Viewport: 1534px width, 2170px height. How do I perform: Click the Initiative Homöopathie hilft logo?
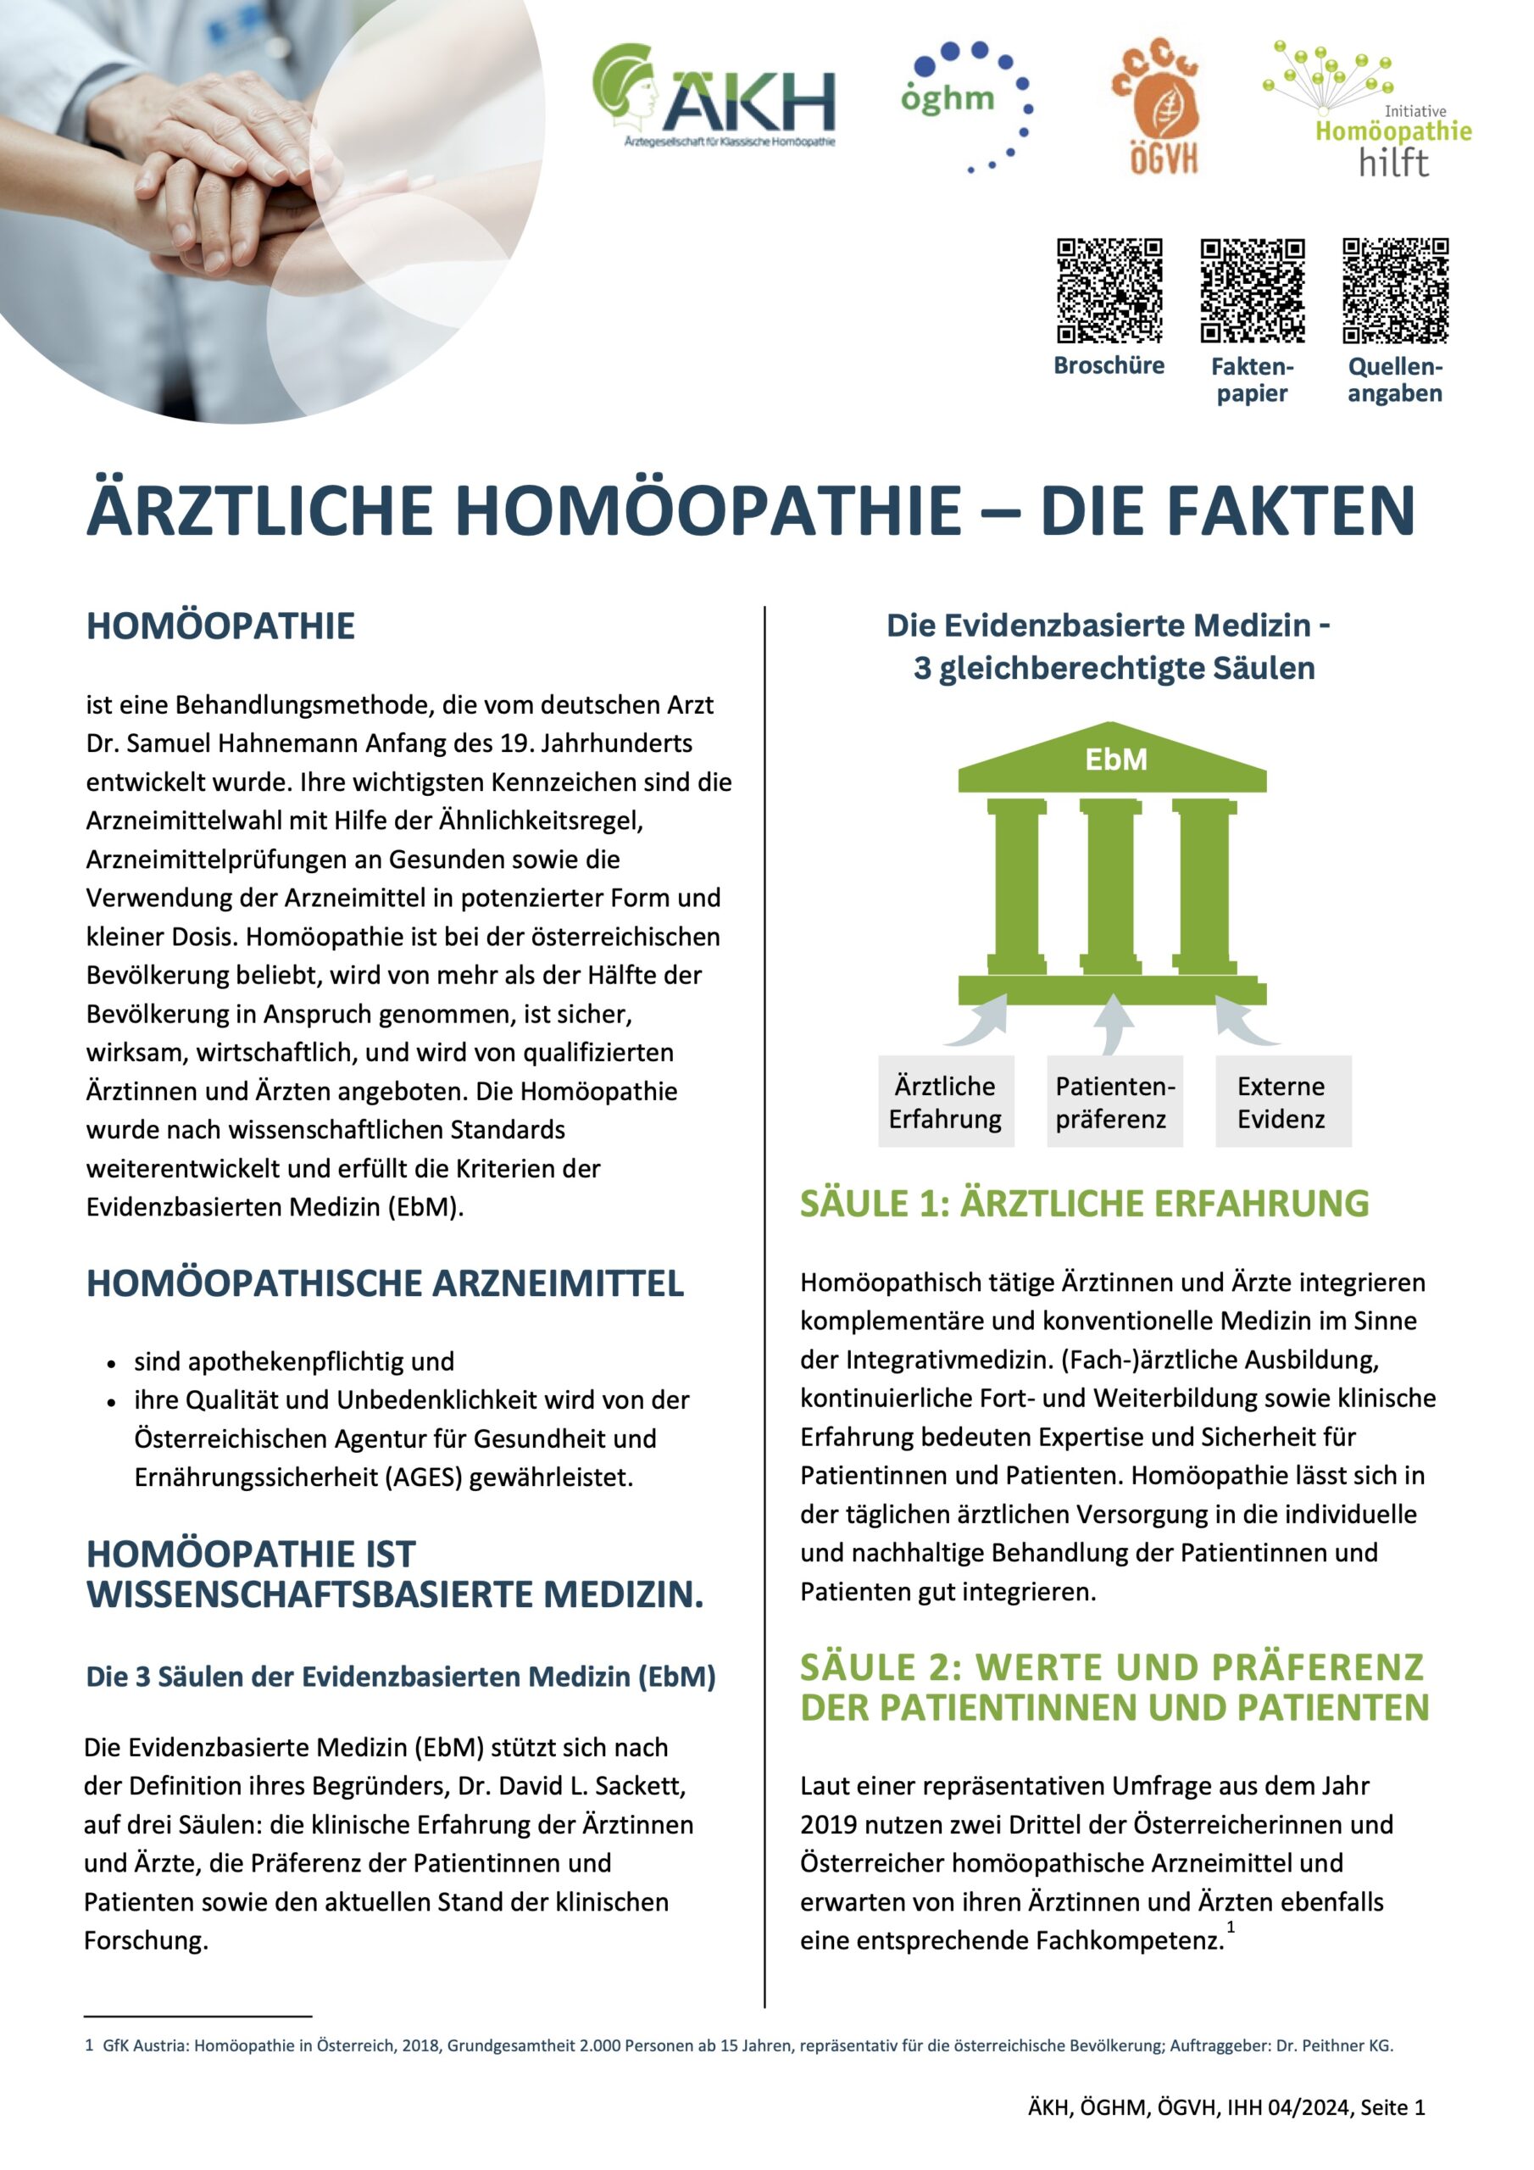click(x=1368, y=108)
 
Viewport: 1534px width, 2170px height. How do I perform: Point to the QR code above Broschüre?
click(x=1109, y=290)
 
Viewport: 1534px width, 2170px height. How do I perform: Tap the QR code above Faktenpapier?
click(x=1253, y=290)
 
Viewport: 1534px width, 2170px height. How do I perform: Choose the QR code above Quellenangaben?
click(x=1395, y=290)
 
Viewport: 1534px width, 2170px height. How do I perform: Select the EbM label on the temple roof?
click(x=1115, y=759)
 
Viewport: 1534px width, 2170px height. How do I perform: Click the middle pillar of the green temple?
click(x=1111, y=887)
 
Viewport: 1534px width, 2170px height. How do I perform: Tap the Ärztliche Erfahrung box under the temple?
click(x=945, y=1102)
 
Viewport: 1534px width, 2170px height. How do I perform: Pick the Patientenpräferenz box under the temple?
click(x=1114, y=1102)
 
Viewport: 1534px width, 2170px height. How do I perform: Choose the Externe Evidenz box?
click(x=1281, y=1102)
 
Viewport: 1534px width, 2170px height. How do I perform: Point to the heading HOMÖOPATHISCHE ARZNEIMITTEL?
click(x=385, y=1283)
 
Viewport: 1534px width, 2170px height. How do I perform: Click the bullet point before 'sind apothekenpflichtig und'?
click(x=112, y=1364)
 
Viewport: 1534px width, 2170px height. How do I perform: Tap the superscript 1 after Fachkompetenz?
click(x=1231, y=1926)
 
